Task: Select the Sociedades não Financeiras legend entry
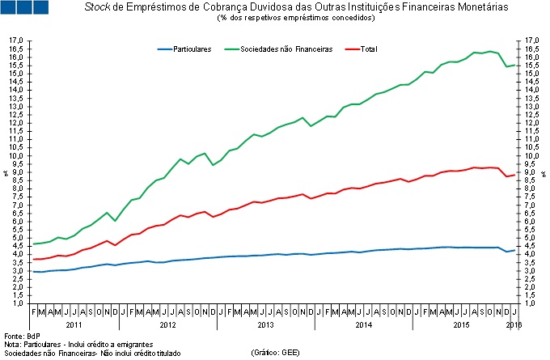tap(293, 49)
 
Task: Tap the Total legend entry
tap(368, 49)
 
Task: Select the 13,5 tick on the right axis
tap(531, 98)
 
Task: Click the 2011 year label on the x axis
tap(74, 324)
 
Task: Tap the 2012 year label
tap(168, 324)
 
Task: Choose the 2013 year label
tap(265, 324)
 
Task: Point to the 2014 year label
tap(362, 324)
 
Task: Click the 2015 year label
tap(459, 324)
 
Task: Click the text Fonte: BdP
tap(22, 335)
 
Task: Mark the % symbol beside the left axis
tap(6, 172)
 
